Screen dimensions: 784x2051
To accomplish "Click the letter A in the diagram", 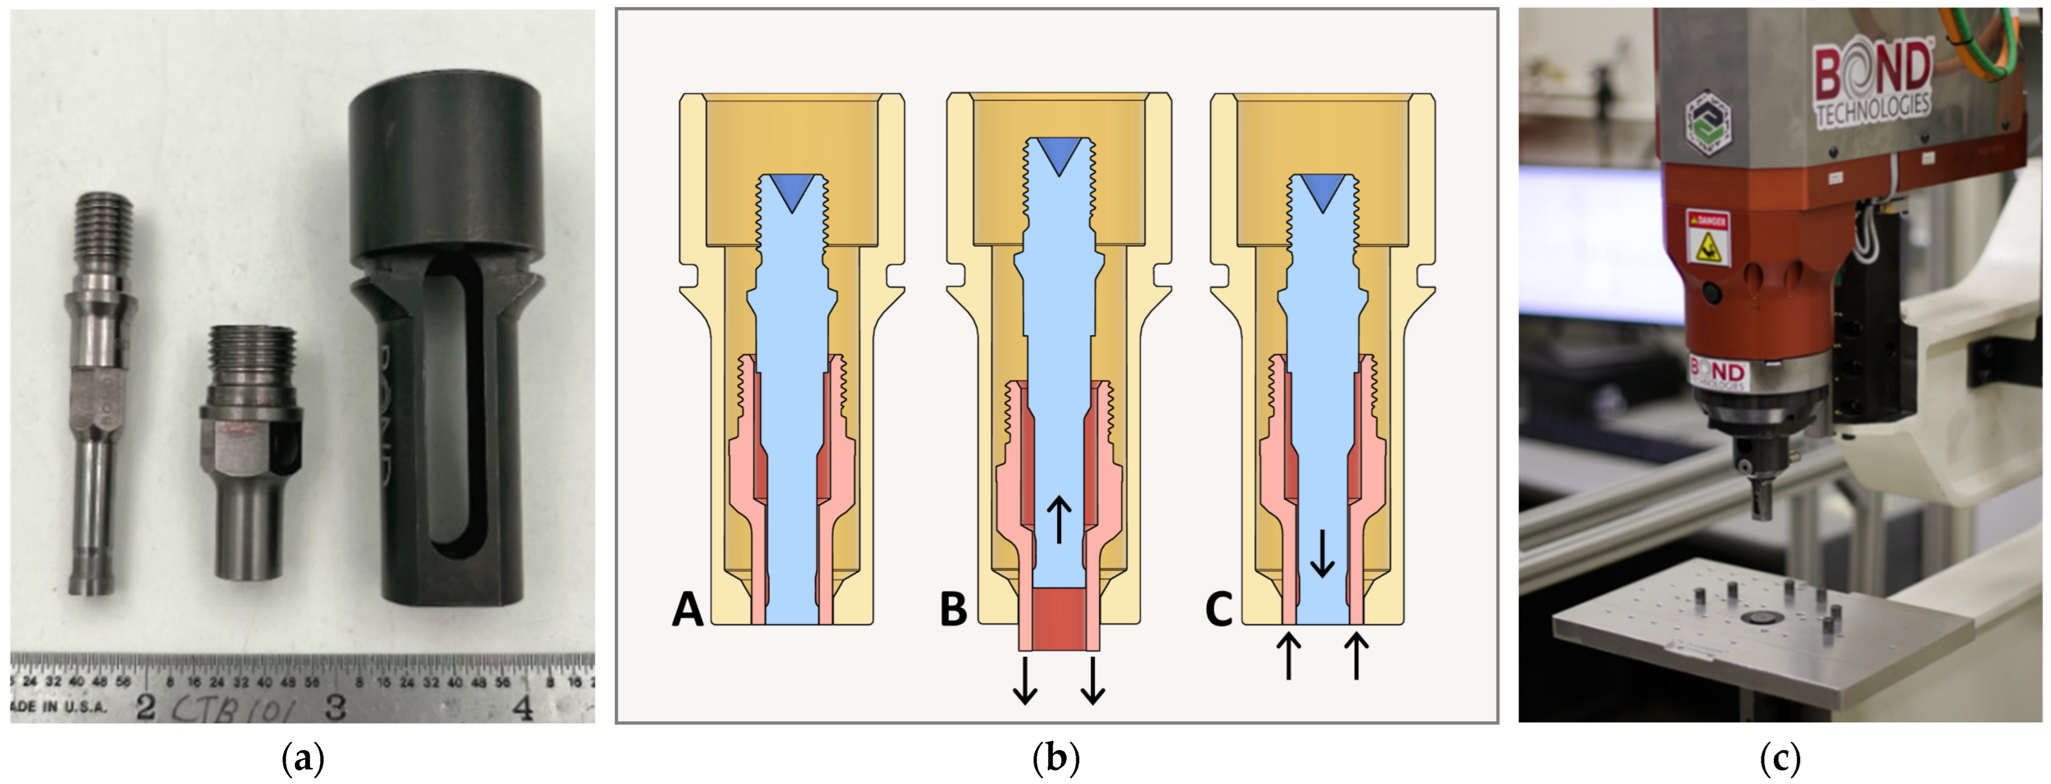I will (x=688, y=610).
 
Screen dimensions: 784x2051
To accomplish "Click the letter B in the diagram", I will (x=953, y=610).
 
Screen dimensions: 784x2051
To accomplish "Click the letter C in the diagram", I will (x=1218, y=610).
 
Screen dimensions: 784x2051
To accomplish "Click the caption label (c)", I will (x=1779, y=759).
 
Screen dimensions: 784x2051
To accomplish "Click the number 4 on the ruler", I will (x=523, y=707).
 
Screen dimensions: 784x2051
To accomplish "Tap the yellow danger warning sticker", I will (x=1707, y=238).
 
